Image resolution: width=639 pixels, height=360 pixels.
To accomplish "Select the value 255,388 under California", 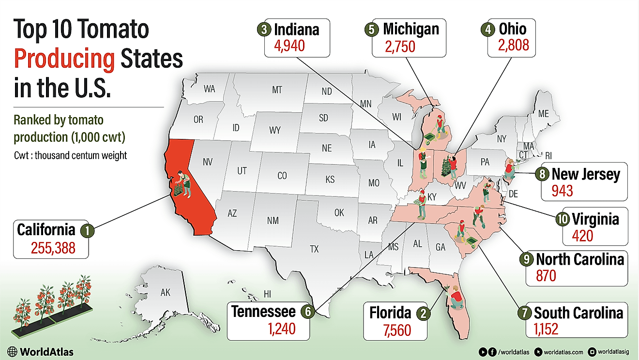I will click(53, 248).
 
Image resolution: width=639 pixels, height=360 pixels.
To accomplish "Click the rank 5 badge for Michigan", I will click(370, 29).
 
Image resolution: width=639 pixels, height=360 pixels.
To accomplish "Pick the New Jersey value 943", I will click(562, 191).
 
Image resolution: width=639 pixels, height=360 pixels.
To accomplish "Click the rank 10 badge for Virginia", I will click(562, 219).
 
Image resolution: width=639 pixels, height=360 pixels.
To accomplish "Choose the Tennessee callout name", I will click(263, 311).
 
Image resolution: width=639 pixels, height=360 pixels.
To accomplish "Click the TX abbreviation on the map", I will click(315, 249).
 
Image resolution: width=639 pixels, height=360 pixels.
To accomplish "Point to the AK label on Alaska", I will click(166, 292).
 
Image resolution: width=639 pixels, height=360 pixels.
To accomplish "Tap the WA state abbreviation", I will click(209, 89).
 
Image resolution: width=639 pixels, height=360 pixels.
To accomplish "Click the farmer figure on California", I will click(183, 184).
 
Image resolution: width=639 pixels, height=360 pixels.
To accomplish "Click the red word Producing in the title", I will click(64, 59).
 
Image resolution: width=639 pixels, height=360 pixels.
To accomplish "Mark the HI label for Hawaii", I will click(267, 294).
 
